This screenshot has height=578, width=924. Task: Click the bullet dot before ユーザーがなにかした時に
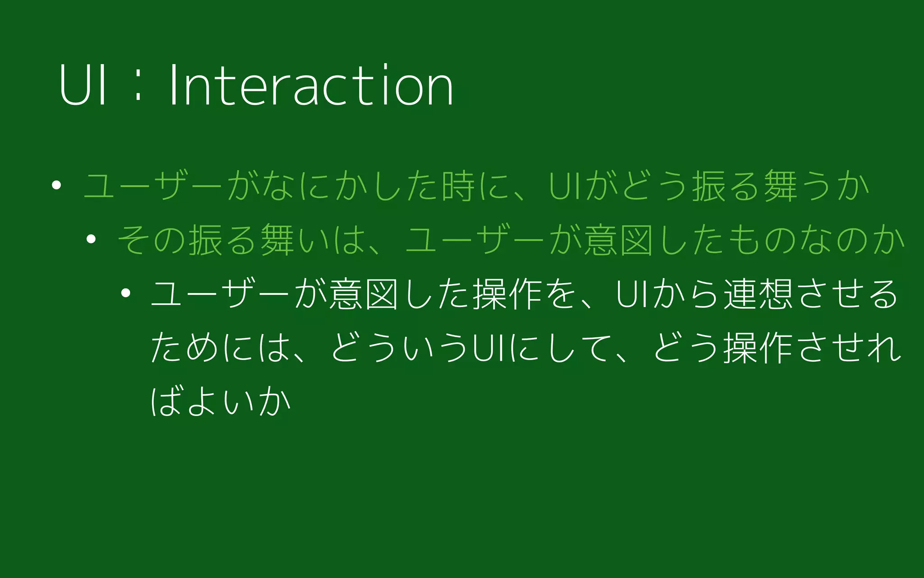[56, 185]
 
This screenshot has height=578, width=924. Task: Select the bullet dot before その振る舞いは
[91, 239]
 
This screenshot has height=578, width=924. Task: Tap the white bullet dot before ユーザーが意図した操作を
[126, 293]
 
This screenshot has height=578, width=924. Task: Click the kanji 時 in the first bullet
[458, 186]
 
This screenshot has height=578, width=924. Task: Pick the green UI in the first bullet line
[566, 186]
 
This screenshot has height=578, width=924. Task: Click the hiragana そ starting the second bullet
[134, 239]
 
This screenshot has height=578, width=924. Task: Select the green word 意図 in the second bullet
[619, 239]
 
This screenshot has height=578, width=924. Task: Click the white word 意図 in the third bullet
[364, 294]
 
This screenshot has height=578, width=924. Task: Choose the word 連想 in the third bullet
[758, 294]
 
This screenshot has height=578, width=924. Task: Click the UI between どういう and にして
[492, 348]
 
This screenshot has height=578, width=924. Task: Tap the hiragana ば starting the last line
[166, 401]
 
